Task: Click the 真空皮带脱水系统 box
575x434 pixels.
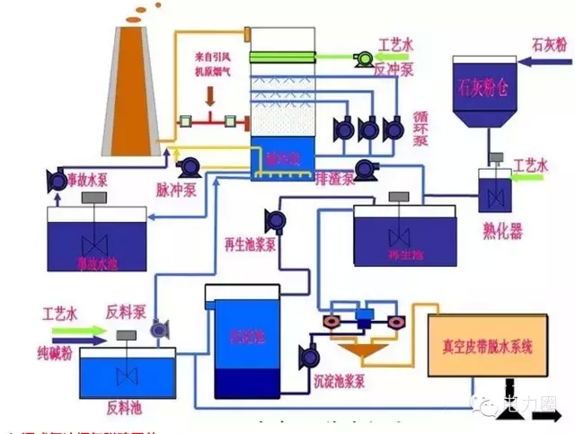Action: [488, 345]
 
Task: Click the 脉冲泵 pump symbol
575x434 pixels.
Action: [190, 167]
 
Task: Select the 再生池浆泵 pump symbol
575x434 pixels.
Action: [275, 218]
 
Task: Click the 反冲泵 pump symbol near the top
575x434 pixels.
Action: [365, 58]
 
